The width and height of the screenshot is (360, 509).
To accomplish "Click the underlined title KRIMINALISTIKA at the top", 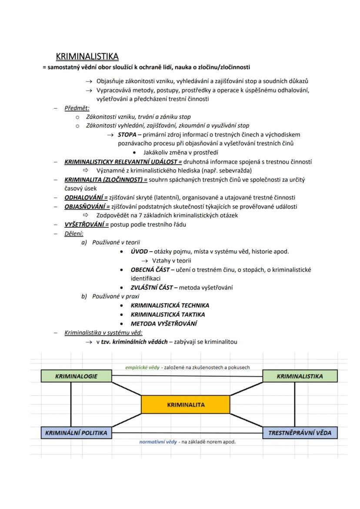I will (87, 57).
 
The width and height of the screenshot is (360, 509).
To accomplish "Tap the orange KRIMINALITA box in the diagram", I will (186, 405).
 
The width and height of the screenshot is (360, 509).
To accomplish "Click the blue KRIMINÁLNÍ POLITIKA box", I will (77, 432).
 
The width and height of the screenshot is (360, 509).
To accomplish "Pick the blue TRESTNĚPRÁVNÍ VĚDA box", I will (300, 432).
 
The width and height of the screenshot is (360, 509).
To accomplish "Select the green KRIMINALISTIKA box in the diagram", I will (300, 376).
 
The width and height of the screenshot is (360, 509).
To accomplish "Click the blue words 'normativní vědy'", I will (158, 442).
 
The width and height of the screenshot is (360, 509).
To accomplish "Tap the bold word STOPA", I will (127, 134).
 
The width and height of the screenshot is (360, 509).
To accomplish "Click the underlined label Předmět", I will (77, 108).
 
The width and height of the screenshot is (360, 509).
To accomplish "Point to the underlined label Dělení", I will (74, 233).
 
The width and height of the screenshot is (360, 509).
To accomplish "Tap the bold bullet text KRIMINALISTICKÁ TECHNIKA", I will (170, 305).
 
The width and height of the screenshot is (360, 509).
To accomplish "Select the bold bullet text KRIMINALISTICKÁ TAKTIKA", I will (167, 314).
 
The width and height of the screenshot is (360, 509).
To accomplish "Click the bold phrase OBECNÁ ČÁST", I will (150, 269).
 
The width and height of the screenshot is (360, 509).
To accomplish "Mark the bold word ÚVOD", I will (140, 251).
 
